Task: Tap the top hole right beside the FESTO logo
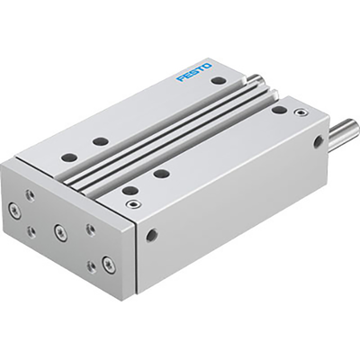(219, 81)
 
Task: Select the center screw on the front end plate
(61, 232)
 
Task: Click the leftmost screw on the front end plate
(15, 212)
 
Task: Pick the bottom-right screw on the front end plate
(107, 264)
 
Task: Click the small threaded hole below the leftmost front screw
(31, 231)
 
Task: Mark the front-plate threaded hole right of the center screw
(90, 229)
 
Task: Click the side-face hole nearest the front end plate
(151, 235)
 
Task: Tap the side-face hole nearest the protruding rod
(318, 142)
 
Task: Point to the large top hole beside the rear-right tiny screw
(279, 110)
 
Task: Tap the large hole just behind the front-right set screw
(130, 190)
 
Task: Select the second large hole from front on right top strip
(161, 173)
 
